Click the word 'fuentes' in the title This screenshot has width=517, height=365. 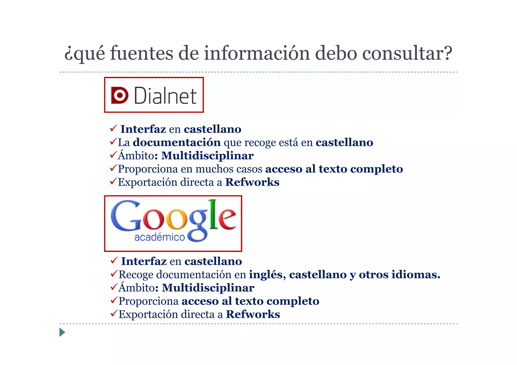[141, 53]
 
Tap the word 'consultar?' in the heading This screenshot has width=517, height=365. [407, 53]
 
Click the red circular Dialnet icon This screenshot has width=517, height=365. [120, 95]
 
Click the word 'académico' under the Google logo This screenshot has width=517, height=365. [160, 237]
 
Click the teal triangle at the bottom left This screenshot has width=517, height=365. [62, 332]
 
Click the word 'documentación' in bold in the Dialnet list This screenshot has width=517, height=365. [177, 143]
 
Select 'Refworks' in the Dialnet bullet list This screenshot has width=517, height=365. [252, 182]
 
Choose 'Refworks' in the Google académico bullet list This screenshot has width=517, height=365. [253, 314]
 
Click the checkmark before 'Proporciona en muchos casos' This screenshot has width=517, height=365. [113, 167]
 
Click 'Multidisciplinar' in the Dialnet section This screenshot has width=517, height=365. [207, 156]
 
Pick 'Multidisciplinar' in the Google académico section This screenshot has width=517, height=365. [208, 288]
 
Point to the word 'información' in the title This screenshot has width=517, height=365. [257, 53]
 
